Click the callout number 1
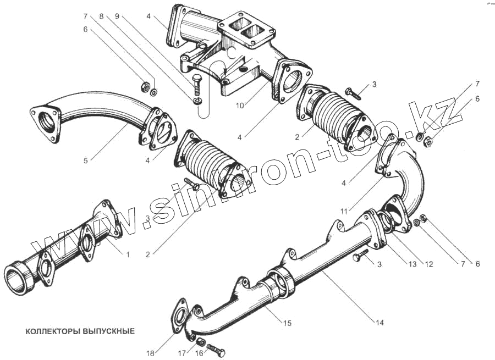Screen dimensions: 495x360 click(128, 255)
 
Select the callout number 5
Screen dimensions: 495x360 click(86, 161)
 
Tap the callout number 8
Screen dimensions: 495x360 click(101, 16)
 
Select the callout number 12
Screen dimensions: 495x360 click(429, 264)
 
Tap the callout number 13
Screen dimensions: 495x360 click(413, 264)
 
